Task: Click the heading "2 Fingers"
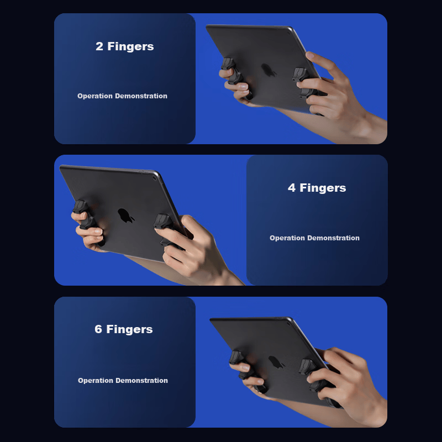pos(125,46)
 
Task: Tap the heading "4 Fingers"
pos(317,188)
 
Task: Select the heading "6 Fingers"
pos(123,329)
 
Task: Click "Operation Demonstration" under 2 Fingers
pos(122,96)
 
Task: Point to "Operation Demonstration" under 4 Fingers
pos(314,238)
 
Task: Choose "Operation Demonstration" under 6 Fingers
pos(123,381)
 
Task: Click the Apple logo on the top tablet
pos(268,70)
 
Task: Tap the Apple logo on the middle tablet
pos(125,215)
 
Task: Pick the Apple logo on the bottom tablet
pos(276,362)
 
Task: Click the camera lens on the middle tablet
pos(154,178)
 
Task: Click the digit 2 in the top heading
pos(99,46)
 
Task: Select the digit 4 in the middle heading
pos(292,188)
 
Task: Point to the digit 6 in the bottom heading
pos(98,329)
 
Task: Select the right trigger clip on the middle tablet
pos(166,228)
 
